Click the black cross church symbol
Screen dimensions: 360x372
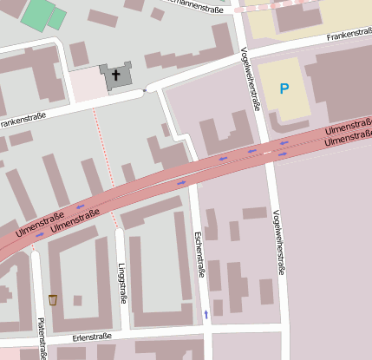pyautogui.click(x=115, y=75)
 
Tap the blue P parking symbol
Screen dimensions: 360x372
pyautogui.click(x=284, y=88)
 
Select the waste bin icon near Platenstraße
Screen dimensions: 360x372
pyautogui.click(x=53, y=299)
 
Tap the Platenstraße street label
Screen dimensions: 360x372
pyautogui.click(x=41, y=338)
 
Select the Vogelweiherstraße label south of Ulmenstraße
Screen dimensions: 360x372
pyautogui.click(x=277, y=243)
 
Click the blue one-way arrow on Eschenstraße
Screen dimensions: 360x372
pyautogui.click(x=206, y=312)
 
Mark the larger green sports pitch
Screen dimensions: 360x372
pyautogui.click(x=37, y=12)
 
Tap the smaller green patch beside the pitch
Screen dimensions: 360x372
pyautogui.click(x=57, y=18)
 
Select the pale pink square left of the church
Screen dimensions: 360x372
pyautogui.click(x=85, y=84)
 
